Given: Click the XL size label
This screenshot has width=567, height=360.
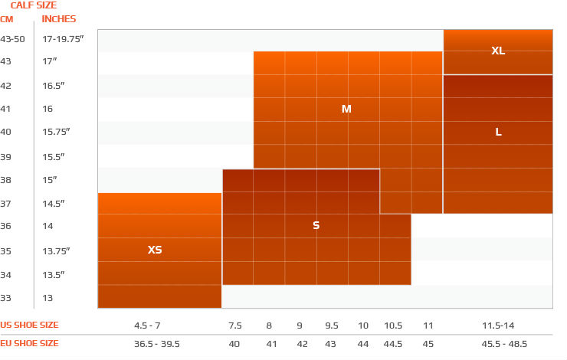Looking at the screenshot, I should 498,51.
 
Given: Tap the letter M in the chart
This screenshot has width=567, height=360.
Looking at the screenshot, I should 346,110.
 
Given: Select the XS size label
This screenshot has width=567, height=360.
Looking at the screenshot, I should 155,250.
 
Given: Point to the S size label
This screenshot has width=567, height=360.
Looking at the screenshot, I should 316,226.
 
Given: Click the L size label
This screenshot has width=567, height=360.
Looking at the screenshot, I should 498,132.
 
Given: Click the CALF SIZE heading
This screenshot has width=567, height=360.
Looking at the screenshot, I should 33,5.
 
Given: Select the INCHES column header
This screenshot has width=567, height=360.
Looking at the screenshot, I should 59,19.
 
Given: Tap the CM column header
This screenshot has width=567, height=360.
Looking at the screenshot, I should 7,19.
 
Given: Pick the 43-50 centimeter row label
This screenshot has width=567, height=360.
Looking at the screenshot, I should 12,38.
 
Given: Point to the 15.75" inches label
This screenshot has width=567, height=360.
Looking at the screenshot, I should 57,133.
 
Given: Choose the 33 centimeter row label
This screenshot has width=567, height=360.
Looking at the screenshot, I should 6,298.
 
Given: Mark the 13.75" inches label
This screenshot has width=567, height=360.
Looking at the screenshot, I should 57,250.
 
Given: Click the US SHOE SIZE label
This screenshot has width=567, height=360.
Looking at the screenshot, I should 28,325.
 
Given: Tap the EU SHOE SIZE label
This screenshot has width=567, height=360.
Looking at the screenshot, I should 29,344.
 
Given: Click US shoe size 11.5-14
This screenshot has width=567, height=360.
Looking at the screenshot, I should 498,325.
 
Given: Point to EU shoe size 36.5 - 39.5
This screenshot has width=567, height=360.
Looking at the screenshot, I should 158,344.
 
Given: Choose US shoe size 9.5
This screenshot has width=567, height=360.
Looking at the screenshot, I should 331,325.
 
